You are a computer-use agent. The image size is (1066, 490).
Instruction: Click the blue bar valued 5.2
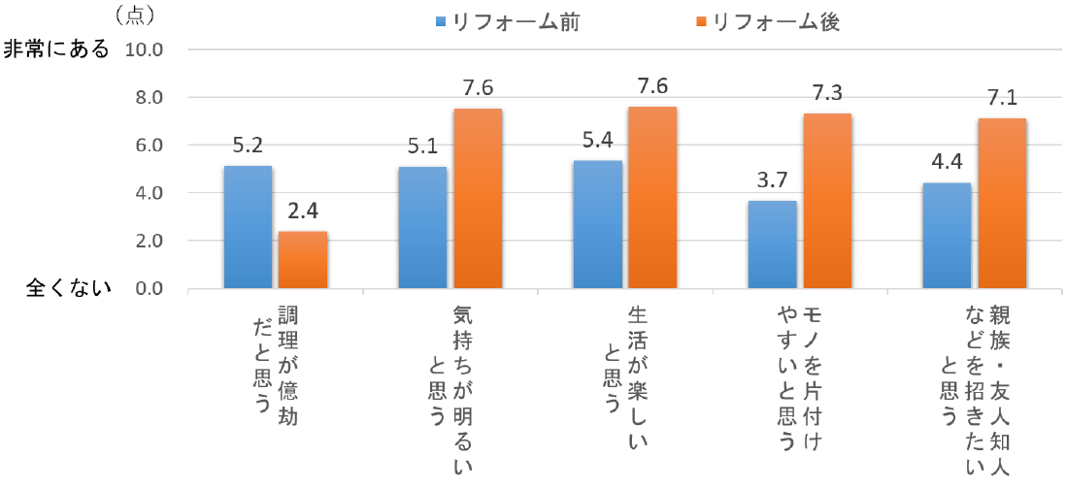248,227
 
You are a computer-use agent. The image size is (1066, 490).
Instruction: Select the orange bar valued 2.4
303,260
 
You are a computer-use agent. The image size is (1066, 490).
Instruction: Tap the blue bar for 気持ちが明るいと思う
422,228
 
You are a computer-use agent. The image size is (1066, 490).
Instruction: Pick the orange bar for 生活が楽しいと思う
652,198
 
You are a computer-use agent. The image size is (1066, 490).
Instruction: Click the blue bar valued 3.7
772,245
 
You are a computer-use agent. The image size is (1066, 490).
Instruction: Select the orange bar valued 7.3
827,201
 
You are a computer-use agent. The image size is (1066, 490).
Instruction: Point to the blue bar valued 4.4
947,236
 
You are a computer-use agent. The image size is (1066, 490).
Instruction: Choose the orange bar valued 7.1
1002,204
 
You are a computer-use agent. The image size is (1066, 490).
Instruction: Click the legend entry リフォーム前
508,22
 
